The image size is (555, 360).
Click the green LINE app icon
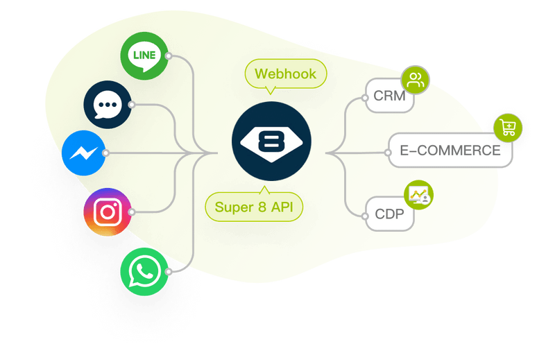click(x=143, y=55)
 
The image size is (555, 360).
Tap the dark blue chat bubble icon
click(x=106, y=105)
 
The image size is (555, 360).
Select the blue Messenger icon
click(x=83, y=153)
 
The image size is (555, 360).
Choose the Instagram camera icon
click(x=107, y=211)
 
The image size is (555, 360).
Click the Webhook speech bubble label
click(x=284, y=74)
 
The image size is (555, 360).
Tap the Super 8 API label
click(x=254, y=207)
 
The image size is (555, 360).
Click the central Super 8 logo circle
click(x=271, y=141)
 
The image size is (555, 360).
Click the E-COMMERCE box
click(x=450, y=151)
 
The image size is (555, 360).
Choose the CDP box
click(x=390, y=214)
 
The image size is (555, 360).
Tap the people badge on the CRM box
click(x=416, y=80)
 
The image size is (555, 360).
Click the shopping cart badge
click(x=508, y=128)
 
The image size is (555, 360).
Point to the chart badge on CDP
click(x=418, y=195)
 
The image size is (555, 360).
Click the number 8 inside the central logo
click(x=271, y=142)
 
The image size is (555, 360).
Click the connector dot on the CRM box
click(x=366, y=98)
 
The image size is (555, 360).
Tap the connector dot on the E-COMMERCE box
click(x=389, y=151)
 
